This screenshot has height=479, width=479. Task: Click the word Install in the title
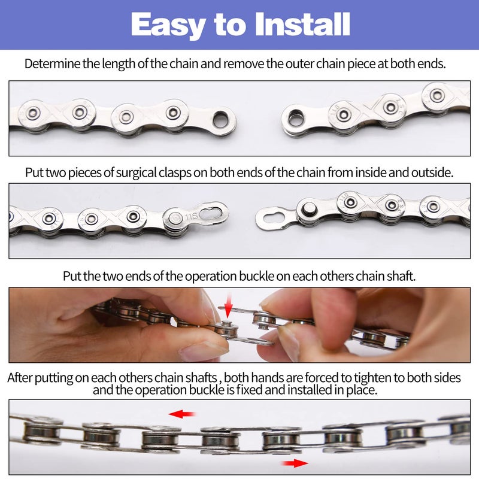[x=302, y=24]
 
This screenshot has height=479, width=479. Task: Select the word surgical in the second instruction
[x=137, y=172]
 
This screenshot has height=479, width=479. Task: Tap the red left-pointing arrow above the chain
[x=182, y=414]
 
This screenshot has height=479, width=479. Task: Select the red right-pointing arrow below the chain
[x=295, y=463]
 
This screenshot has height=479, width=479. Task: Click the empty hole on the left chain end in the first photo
[x=220, y=119]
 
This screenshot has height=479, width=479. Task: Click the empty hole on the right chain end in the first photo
[x=296, y=118]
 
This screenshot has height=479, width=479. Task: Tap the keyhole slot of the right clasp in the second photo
[x=274, y=218]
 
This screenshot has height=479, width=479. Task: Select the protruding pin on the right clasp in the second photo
[x=308, y=209]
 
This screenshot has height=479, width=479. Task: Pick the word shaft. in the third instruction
[x=401, y=276]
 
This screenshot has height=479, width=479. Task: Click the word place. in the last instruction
[x=362, y=390]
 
